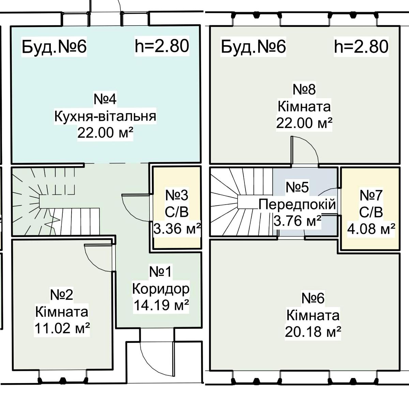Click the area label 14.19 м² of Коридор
[x=162, y=305]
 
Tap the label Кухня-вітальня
[x=105, y=116]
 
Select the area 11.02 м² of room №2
[x=62, y=329]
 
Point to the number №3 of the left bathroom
[x=177, y=195]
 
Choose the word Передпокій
[x=297, y=205]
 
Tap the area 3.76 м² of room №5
[x=297, y=221]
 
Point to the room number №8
[x=304, y=89]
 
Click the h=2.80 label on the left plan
[x=162, y=46]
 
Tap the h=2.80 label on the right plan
[x=361, y=47]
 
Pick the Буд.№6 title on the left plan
[x=54, y=47]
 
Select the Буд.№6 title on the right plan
[x=254, y=47]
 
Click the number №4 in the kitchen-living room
[x=105, y=100]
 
